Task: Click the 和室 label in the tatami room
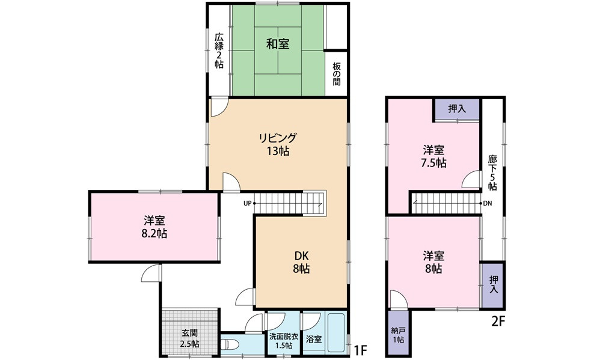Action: tap(278, 44)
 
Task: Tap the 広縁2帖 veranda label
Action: tap(219, 51)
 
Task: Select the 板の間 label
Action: tap(336, 73)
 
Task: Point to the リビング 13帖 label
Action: tap(278, 144)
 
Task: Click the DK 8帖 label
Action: tap(301, 262)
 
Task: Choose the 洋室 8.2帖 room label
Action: tap(155, 227)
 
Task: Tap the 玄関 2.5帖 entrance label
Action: tap(190, 338)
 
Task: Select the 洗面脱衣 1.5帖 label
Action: tap(284, 341)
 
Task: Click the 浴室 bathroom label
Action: tap(314, 339)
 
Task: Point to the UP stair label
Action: tap(247, 203)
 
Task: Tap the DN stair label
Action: tap(488, 203)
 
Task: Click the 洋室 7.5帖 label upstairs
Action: tap(433, 156)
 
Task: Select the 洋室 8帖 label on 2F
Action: tap(433, 262)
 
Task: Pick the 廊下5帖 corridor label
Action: tap(492, 172)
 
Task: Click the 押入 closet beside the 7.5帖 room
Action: tap(457, 109)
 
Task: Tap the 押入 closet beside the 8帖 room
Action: tap(494, 285)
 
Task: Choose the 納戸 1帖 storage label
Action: tap(398, 335)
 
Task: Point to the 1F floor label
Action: tap(361, 349)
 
